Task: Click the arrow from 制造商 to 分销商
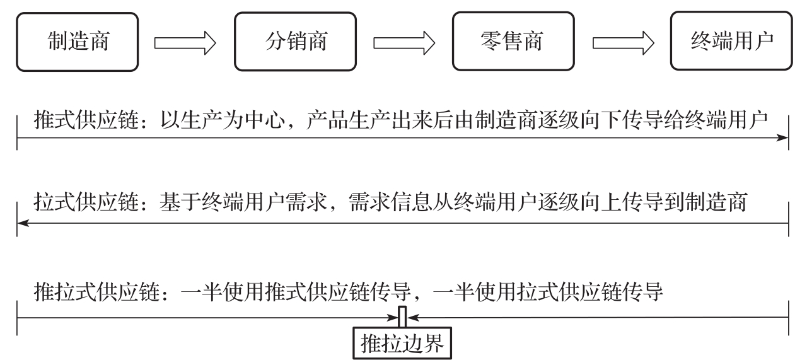pyautogui.click(x=185, y=43)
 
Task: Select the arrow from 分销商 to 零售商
pyautogui.click(x=404, y=43)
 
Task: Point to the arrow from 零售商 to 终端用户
pyautogui.click(x=624, y=43)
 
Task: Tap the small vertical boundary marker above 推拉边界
pyautogui.click(x=402, y=316)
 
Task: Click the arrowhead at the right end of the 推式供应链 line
pyautogui.click(x=782, y=137)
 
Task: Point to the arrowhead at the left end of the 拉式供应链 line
pyautogui.click(x=23, y=223)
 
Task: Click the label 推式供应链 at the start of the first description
pyautogui.click(x=86, y=120)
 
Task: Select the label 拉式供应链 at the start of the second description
pyautogui.click(x=86, y=202)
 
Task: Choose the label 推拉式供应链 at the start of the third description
pyautogui.click(x=96, y=291)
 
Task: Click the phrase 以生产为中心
pyautogui.click(x=223, y=120)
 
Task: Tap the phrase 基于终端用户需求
pyautogui.click(x=243, y=202)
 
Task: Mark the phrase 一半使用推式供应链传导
pyautogui.click(x=296, y=291)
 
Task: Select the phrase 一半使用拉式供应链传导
pyautogui.click(x=548, y=291)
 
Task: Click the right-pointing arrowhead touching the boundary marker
pyautogui.click(x=392, y=318)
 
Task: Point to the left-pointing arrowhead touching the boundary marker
pyautogui.click(x=413, y=318)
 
